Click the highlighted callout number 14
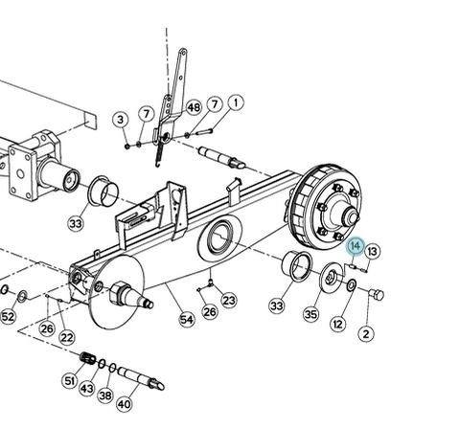point(356,246)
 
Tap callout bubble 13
point(373,252)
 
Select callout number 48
point(194,107)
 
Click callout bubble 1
point(236,102)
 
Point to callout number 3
point(121,120)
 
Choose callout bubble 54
point(187,319)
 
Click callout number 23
point(229,301)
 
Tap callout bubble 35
point(311,314)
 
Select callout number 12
point(338,324)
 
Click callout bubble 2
point(366,334)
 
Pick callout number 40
point(125,404)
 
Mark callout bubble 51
point(69,380)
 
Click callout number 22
point(67,337)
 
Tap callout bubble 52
point(8,317)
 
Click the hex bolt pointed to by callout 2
point(377,294)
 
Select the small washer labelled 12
point(352,285)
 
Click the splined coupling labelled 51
point(87,358)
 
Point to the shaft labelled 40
point(141,378)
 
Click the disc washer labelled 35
point(333,277)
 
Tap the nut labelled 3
point(127,147)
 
